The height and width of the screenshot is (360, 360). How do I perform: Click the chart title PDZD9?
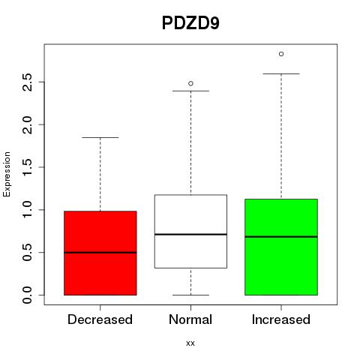[190, 23]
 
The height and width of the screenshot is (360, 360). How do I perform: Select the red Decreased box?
[100, 253]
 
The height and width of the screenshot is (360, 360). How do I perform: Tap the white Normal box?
[190, 231]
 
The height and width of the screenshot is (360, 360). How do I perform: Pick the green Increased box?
[281, 247]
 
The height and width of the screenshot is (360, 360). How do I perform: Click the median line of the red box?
[100, 253]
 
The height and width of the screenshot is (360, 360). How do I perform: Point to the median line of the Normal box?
[190, 234]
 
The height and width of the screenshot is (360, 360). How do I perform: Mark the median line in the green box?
[281, 236]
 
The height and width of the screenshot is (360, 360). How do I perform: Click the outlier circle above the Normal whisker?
[190, 83]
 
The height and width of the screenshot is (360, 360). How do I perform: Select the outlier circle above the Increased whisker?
[281, 54]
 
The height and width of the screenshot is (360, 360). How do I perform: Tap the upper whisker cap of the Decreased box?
[100, 137]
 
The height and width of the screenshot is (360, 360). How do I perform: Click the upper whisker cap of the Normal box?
[190, 91]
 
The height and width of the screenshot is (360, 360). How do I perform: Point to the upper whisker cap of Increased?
[281, 73]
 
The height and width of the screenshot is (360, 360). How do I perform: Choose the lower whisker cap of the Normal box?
[190, 295]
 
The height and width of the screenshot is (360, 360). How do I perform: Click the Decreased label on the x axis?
[100, 319]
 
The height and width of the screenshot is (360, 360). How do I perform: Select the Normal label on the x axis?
[190, 319]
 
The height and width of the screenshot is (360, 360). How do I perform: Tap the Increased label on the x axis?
[281, 319]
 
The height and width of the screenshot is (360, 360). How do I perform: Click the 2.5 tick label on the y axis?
[28, 82]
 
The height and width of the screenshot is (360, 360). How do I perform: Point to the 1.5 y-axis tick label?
[28, 167]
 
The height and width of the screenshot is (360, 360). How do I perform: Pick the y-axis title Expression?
[7, 175]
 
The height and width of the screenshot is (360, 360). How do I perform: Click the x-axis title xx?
[190, 343]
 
